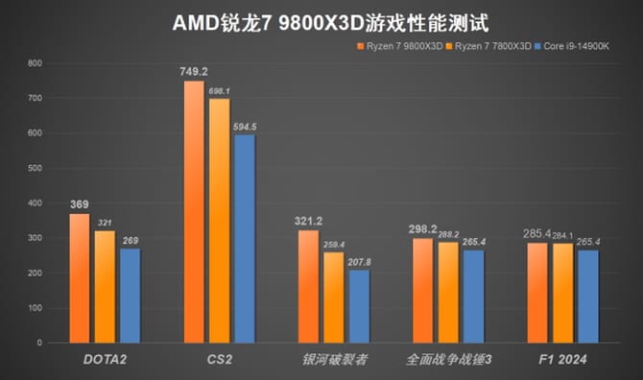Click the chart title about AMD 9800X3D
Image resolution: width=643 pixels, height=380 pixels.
coord(322,20)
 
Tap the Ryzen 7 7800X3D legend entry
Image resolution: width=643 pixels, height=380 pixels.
coord(493,45)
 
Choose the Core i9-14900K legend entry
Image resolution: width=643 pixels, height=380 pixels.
coord(582,45)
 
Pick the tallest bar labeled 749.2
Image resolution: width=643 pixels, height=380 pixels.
coord(193,211)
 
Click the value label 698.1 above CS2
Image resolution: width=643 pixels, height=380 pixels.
coord(220,90)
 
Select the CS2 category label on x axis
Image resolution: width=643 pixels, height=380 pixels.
coord(220,359)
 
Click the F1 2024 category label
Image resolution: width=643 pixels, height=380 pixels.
coord(561,359)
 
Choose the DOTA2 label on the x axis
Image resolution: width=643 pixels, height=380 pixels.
coord(105,359)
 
